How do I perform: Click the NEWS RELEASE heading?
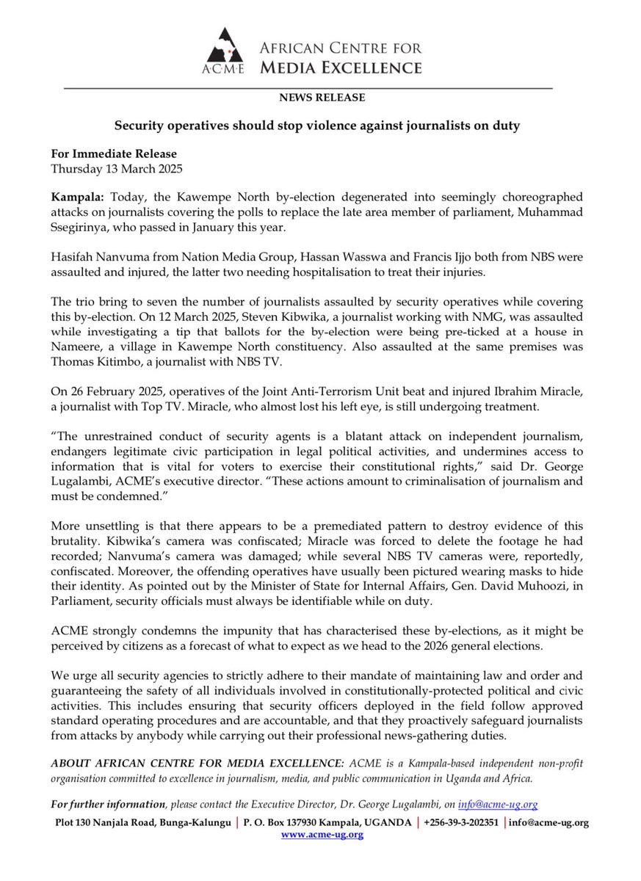(x=322, y=98)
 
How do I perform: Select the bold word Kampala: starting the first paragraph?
(x=74, y=199)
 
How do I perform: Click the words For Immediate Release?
(x=114, y=154)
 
